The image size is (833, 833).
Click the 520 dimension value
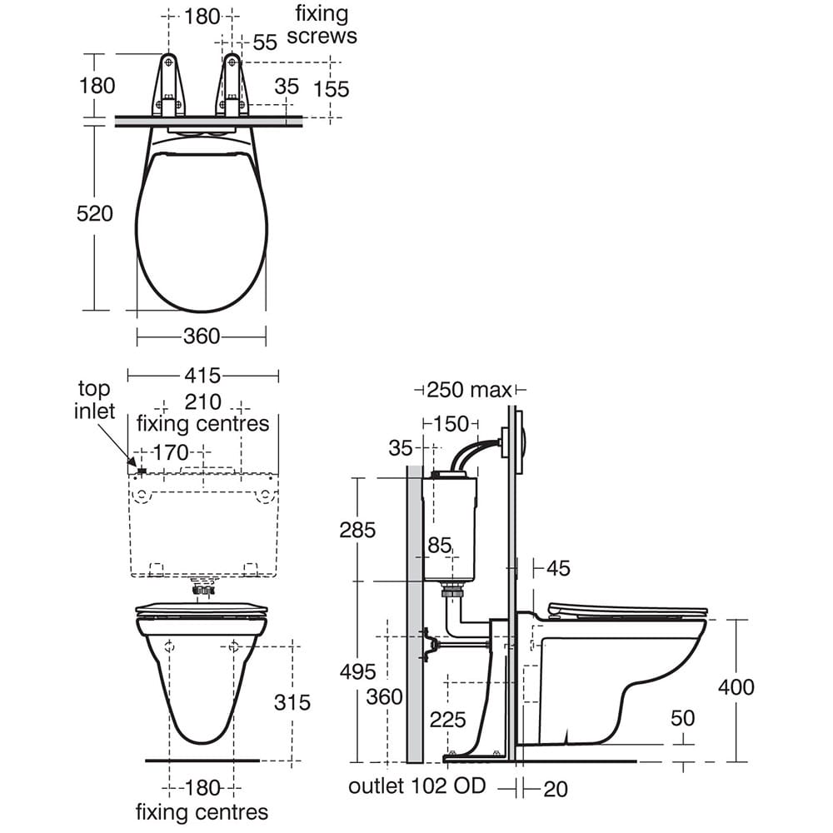click(x=95, y=214)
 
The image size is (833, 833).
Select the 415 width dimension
click(x=202, y=376)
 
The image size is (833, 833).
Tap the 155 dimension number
click(x=332, y=88)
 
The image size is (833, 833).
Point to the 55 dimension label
click(x=264, y=42)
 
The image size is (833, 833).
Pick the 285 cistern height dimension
click(x=357, y=530)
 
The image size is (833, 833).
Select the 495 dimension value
click(x=357, y=671)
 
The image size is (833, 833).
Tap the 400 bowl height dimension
click(x=736, y=687)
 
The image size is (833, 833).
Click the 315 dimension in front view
click(x=292, y=702)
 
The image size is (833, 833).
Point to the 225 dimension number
click(x=447, y=720)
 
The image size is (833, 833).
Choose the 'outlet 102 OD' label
click(x=416, y=786)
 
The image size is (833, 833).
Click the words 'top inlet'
click(x=95, y=400)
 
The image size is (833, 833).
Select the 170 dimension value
click(x=172, y=453)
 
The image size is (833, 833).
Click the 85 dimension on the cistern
click(x=439, y=546)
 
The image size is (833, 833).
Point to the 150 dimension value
click(x=451, y=424)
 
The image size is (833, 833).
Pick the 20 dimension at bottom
click(x=555, y=788)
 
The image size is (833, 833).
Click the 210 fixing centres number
click(x=202, y=402)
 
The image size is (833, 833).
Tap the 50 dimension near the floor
click(x=682, y=718)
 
